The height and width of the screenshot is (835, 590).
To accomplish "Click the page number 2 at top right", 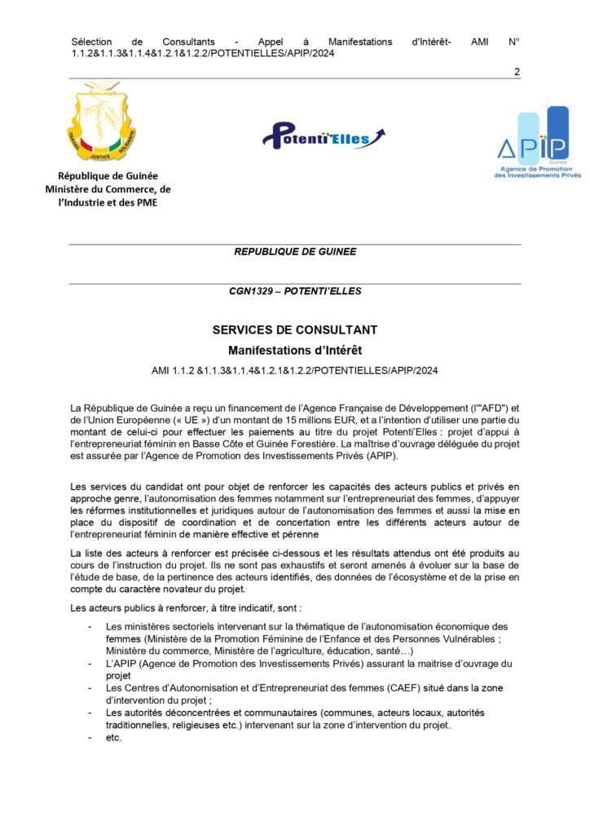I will tap(517, 72).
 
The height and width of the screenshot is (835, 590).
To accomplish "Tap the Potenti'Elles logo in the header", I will tap(324, 135).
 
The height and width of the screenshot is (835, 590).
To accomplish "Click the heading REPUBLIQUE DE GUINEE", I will tap(295, 252).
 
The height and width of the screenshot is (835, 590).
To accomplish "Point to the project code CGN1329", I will tap(252, 291).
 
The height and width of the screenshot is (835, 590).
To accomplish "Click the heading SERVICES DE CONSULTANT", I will tap(295, 330).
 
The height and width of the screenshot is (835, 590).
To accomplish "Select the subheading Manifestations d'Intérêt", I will tap(295, 351).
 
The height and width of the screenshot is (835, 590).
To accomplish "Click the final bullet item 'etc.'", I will tap(114, 737).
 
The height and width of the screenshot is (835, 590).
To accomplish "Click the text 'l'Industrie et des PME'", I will tap(108, 202).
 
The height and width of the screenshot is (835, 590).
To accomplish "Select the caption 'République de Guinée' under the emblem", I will tap(108, 175).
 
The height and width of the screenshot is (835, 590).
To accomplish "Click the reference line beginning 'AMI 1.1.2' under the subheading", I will tap(295, 370).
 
